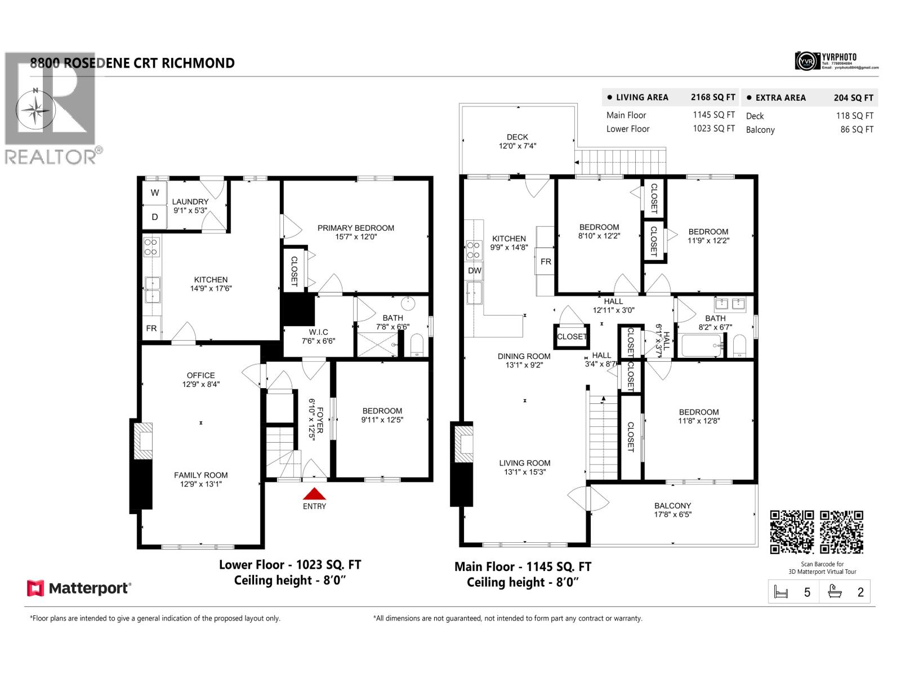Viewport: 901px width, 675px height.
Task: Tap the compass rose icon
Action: tap(35, 109)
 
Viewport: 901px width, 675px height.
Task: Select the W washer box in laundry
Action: tap(155, 193)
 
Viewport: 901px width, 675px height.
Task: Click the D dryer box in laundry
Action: tap(155, 217)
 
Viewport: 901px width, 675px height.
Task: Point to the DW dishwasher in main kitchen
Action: tap(475, 271)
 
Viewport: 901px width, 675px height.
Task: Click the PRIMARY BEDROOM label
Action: tap(355, 228)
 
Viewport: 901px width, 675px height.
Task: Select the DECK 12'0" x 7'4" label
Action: tap(517, 141)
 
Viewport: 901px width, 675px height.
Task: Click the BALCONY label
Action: tap(672, 506)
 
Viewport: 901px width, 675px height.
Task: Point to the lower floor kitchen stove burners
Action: tap(151, 247)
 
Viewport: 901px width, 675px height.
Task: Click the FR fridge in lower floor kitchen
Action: tap(151, 328)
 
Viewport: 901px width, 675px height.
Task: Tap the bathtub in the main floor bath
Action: tap(701, 345)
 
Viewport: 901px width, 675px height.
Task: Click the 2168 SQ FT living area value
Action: tap(713, 97)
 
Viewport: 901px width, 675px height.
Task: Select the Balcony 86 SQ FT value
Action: tap(857, 129)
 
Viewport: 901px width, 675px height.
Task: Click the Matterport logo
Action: tap(79, 588)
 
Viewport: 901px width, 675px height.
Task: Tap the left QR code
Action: tap(792, 532)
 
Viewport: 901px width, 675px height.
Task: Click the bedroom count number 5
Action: tap(807, 592)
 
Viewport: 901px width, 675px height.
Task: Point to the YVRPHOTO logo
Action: tap(836, 61)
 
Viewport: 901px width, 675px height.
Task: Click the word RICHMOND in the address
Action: tap(198, 63)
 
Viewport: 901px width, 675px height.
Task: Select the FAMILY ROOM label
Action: tap(200, 475)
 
